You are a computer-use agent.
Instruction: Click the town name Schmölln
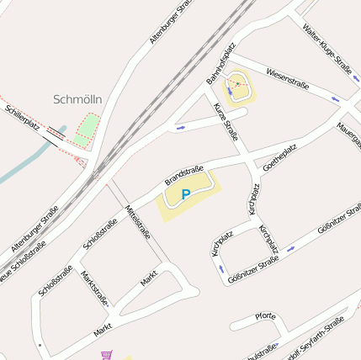pos(77,99)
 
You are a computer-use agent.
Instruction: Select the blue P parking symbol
pos(186,194)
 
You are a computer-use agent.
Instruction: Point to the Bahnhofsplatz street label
pos(221,66)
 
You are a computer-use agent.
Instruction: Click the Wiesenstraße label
pos(287,80)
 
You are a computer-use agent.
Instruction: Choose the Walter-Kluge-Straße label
pos(327,49)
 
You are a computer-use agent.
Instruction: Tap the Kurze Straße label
pos(226,123)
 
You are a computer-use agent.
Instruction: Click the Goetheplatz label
pos(280,157)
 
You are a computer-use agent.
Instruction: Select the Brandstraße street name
pos(184,172)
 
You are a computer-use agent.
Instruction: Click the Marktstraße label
pos(94,287)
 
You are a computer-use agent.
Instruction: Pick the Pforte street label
pos(264,316)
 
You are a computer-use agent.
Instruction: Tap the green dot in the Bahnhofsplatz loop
pos(239,83)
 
